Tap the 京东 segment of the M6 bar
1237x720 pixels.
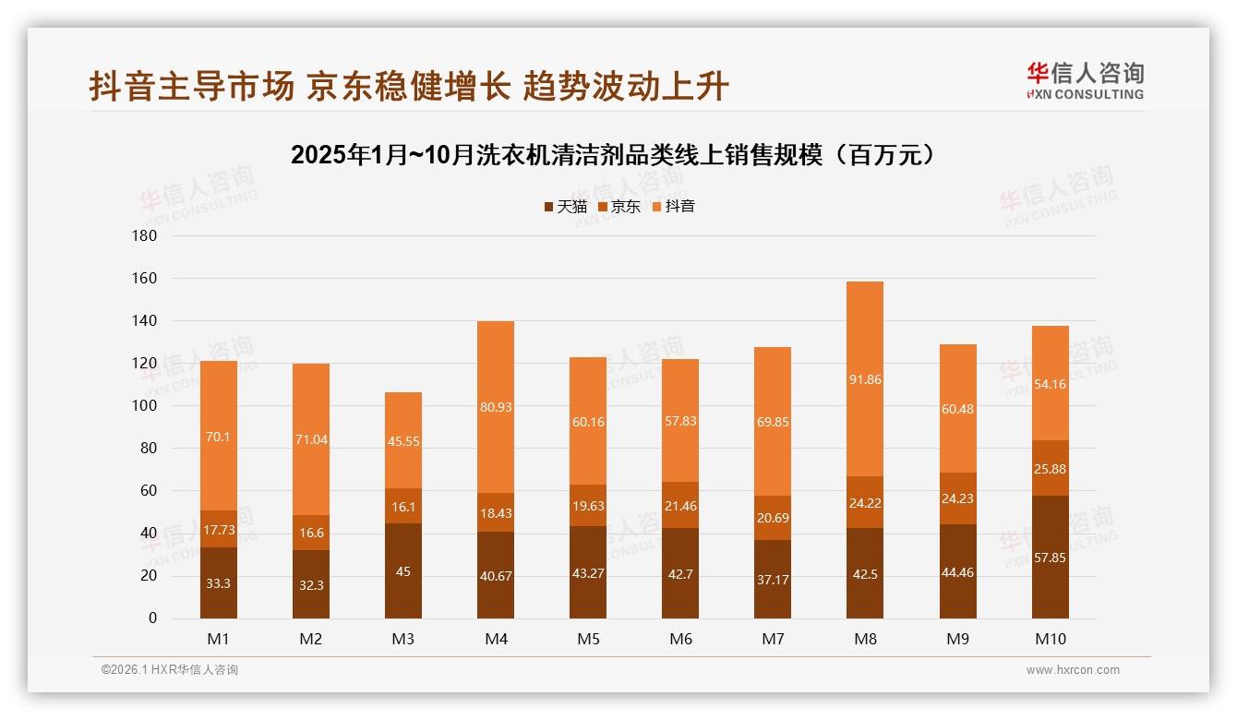tap(680, 505)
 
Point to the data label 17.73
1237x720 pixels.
tap(219, 529)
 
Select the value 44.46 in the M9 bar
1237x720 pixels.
tap(957, 572)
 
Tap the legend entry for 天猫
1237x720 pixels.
tap(565, 207)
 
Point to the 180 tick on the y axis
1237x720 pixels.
tap(145, 236)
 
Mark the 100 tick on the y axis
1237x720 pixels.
tap(145, 406)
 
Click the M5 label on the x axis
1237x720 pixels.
tap(588, 639)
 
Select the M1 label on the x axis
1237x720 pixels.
tap(219, 639)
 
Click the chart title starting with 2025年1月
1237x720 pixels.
tap(618, 155)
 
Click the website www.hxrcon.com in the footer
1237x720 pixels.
tap(1073, 670)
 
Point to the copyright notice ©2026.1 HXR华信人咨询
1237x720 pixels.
tap(170, 670)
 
